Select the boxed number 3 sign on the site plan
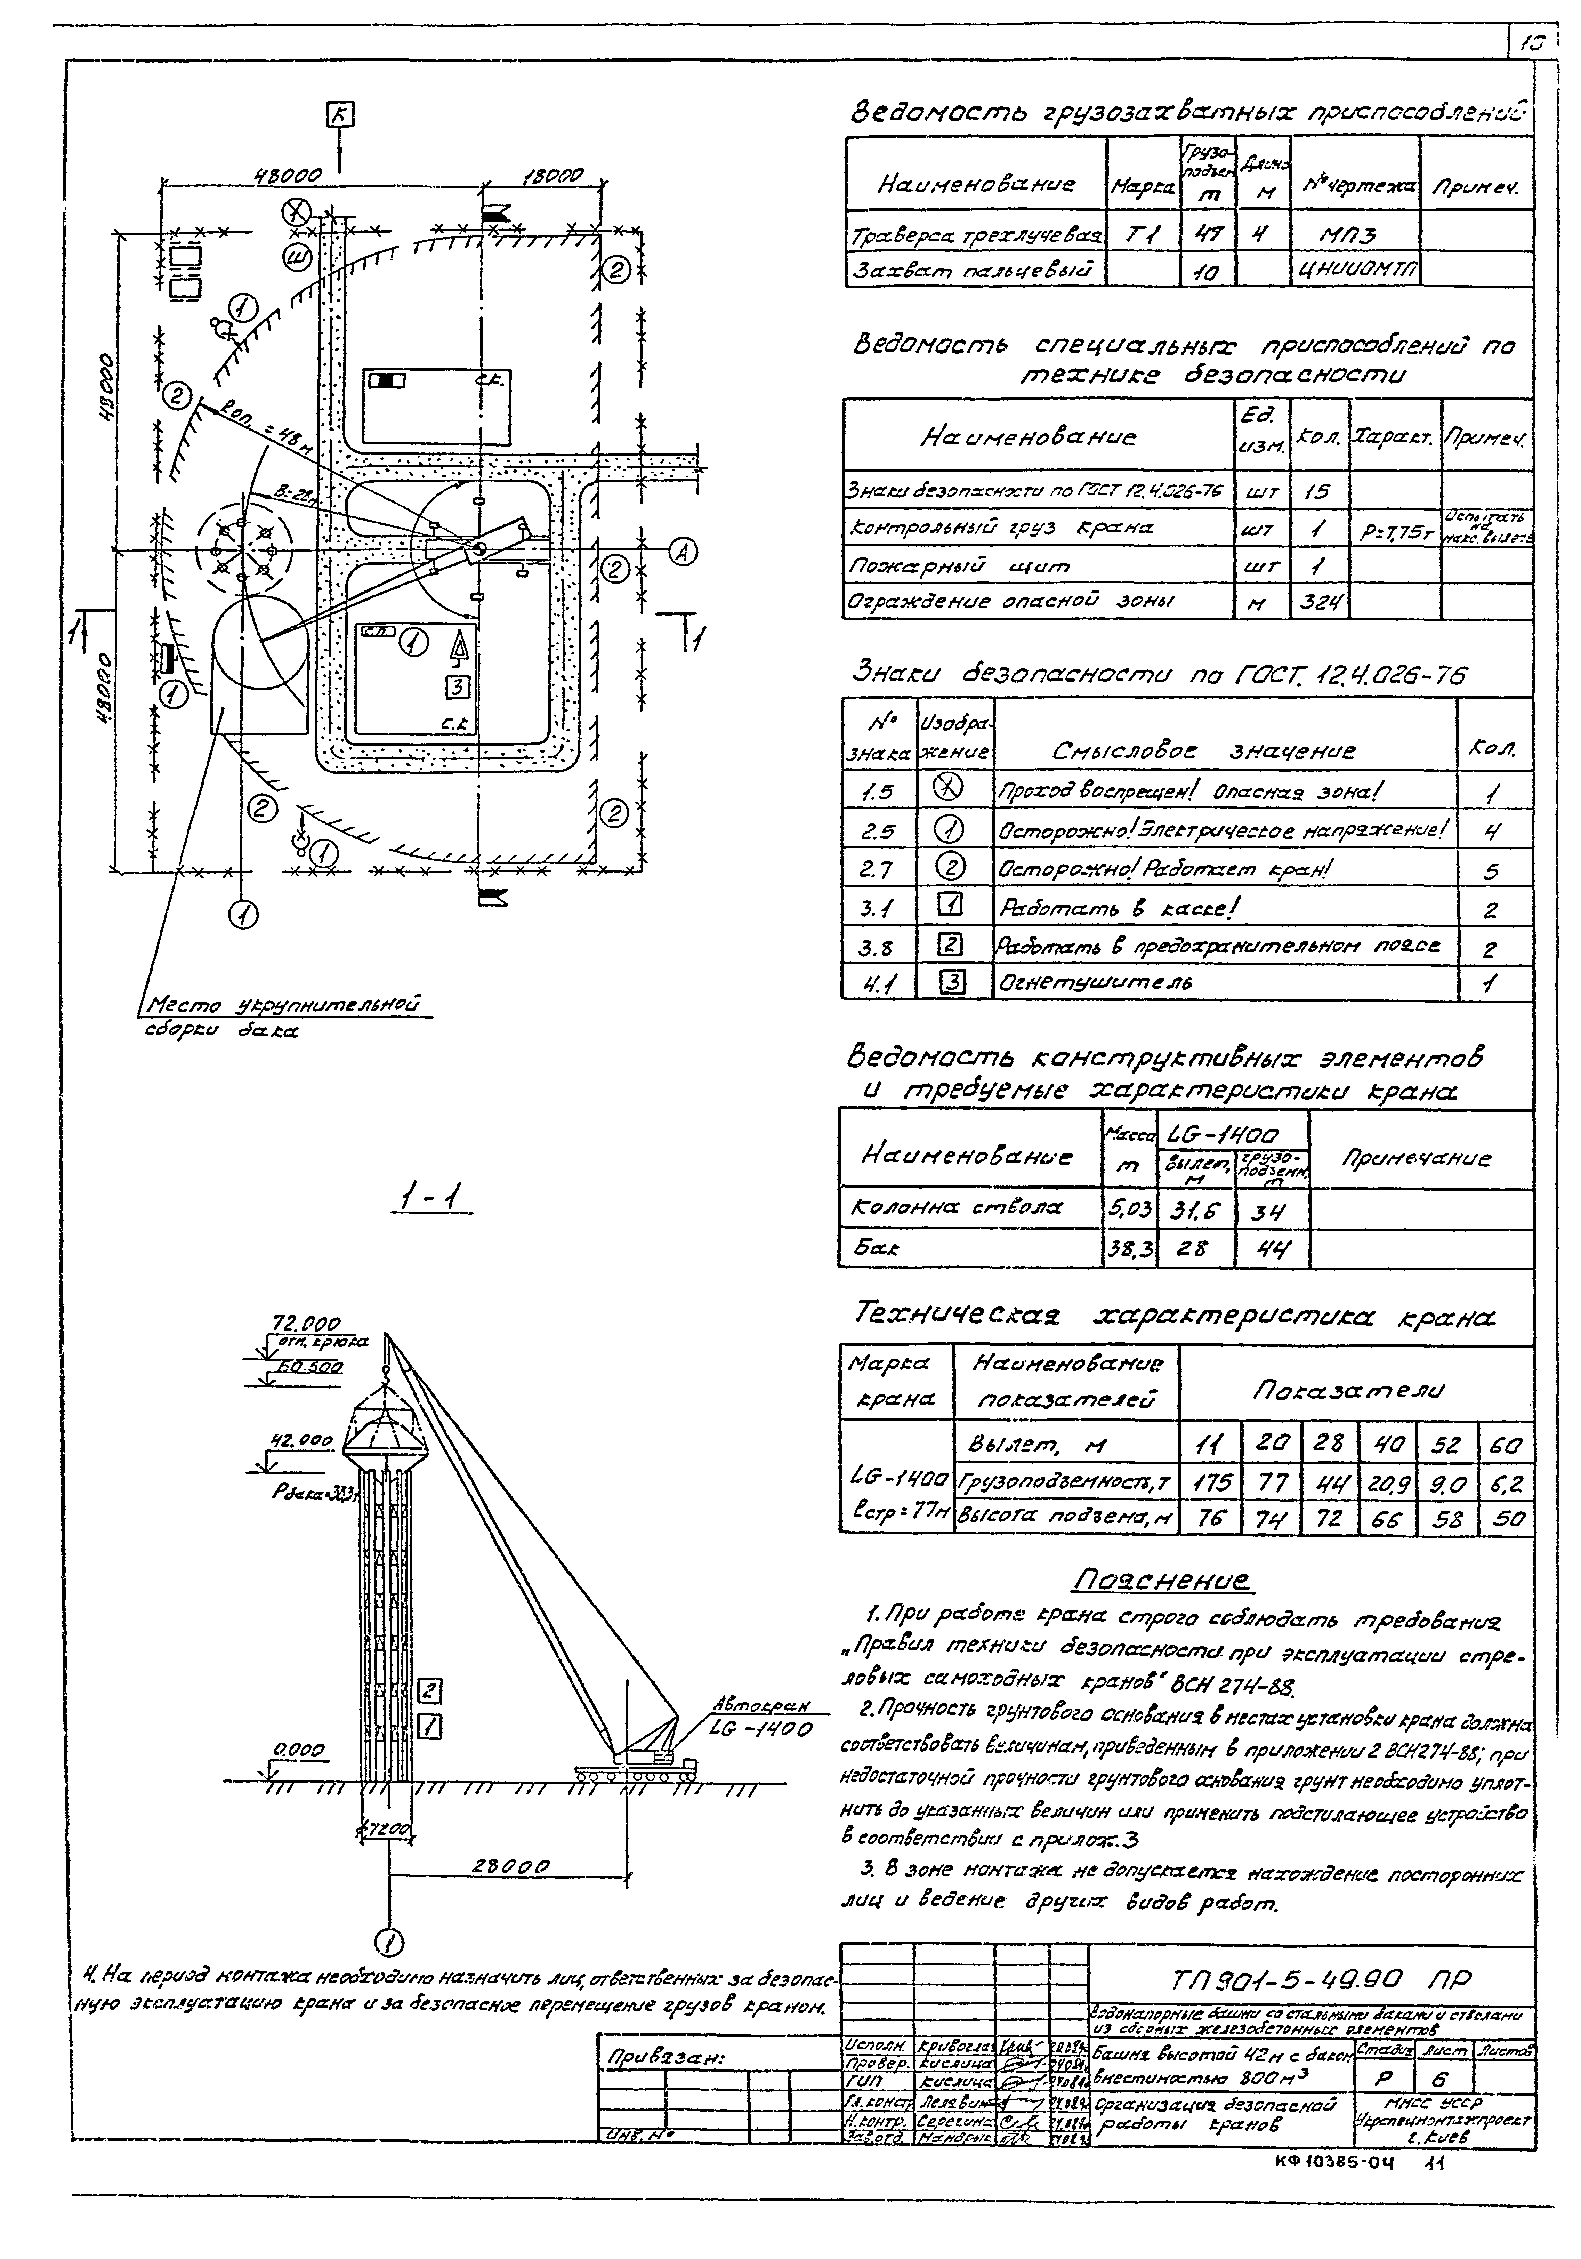pos(459,687)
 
